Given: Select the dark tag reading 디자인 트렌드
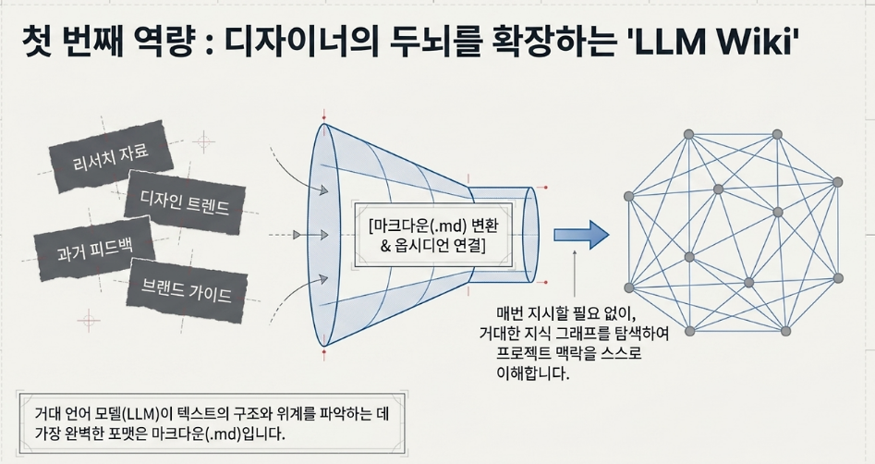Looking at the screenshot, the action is pyautogui.click(x=185, y=201).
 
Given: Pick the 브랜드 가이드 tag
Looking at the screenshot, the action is pyautogui.click(x=187, y=290).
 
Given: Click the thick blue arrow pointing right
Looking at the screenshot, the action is pyautogui.click(x=581, y=235).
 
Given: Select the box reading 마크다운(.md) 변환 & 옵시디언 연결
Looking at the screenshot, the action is pyautogui.click(x=433, y=235).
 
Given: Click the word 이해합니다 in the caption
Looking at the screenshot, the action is pyautogui.click(x=532, y=373).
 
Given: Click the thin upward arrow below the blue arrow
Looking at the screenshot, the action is pyautogui.click(x=574, y=275).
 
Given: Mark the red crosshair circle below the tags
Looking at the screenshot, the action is pyautogui.click(x=88, y=321).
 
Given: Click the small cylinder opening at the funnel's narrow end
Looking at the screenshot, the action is pyautogui.click(x=531, y=234).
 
